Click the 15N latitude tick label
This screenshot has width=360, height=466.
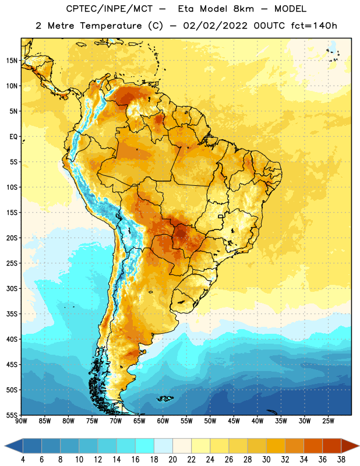tap(12, 61)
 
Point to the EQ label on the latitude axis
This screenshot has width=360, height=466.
tap(13, 137)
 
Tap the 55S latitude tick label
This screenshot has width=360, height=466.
tap(12, 415)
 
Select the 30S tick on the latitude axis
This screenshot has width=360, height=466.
tap(12, 288)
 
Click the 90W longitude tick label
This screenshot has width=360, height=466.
tap(21, 421)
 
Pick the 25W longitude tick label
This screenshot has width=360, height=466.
tap(328, 421)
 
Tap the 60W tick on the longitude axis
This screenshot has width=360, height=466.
tap(163, 421)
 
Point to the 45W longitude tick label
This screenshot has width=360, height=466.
tap(234, 421)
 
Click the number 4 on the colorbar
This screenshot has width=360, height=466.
tap(23, 460)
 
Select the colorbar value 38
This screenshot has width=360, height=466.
tap(341, 460)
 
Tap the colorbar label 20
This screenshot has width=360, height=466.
tap(172, 460)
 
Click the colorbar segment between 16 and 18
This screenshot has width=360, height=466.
tap(145, 446)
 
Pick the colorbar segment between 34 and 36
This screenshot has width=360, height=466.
tap(313, 446)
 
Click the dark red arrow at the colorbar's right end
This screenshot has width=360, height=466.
tap(350, 446)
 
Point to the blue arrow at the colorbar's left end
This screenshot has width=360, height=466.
tap(14, 446)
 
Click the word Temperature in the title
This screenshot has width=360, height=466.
tap(111, 26)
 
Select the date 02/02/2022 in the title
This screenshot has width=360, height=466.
tap(215, 26)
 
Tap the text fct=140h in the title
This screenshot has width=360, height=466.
tap(314, 26)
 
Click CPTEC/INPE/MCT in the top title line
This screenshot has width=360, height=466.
tap(109, 9)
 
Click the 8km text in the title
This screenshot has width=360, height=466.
tap(243, 9)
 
